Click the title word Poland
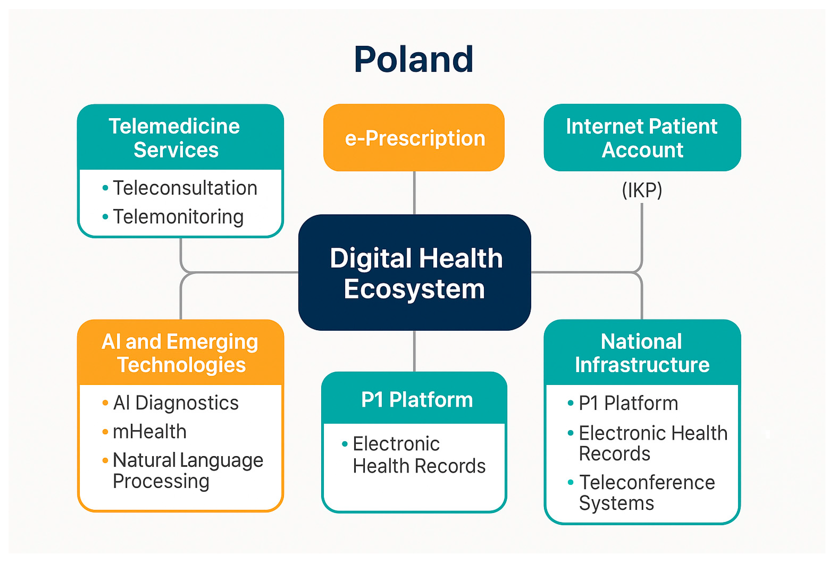414,59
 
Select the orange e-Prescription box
414,138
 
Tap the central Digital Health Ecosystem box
414,273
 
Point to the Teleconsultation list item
185,188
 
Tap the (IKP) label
642,190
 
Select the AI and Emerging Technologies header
180,353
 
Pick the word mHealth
150,432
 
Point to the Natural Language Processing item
187,470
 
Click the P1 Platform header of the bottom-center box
416,400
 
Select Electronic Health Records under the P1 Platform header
419,455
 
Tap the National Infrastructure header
642,353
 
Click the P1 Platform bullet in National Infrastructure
628,403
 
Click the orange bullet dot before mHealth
105,432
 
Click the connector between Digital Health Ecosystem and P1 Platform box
414,351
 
